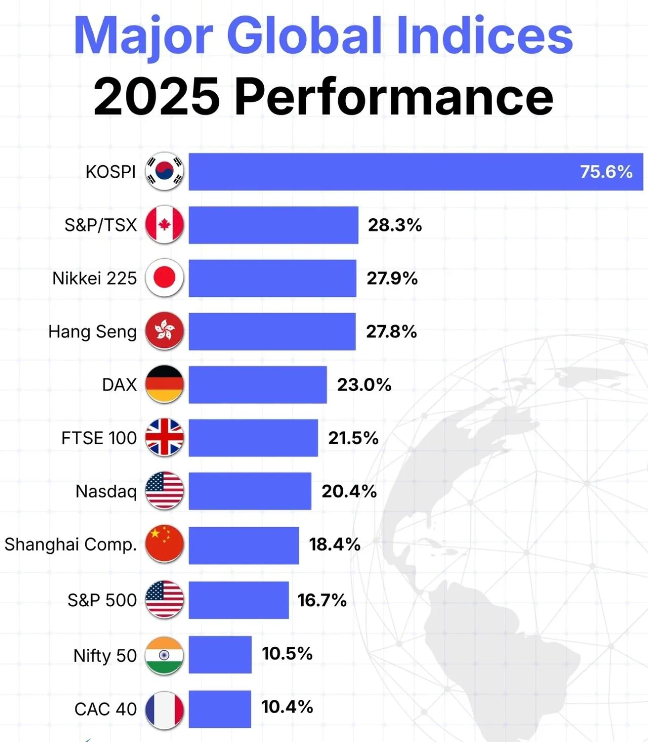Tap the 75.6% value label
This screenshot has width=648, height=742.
pos(606,172)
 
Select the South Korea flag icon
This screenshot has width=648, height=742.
pos(164,171)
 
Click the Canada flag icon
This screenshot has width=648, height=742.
pos(164,224)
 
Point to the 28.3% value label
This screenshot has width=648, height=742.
pos(394,225)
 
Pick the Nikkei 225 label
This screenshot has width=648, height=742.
pos(95,278)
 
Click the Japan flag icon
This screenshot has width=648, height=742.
pos(164,278)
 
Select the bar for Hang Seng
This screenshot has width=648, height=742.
pos(272,331)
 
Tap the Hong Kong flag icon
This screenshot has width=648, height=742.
pos(164,331)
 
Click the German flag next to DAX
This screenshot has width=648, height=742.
pos(164,384)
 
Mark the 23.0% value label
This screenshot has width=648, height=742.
pos(364,385)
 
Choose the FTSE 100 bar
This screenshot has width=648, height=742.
pos(253,438)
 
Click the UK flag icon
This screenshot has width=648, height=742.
pos(164,438)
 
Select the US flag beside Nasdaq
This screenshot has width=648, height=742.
pos(164,491)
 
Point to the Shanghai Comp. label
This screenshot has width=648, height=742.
pos(71,544)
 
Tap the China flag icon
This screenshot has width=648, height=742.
pos(164,544)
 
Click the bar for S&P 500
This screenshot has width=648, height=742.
pos(238,600)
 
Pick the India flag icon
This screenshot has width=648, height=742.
pos(164,655)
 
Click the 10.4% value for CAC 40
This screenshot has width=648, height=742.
pos(287,707)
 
